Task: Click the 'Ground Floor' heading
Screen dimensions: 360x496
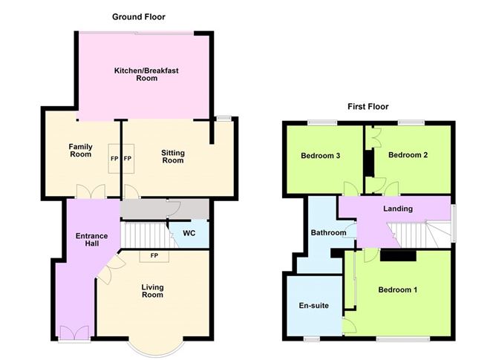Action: (x=139, y=16)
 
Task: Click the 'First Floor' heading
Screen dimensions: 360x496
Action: (x=368, y=107)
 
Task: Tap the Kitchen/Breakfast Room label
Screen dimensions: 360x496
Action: (x=146, y=74)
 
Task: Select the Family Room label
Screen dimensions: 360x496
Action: (x=80, y=150)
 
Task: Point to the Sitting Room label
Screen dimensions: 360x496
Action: (x=173, y=157)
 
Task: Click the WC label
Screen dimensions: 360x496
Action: (x=189, y=233)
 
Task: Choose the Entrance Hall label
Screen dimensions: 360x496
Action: (x=92, y=240)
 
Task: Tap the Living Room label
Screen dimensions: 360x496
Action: (x=153, y=290)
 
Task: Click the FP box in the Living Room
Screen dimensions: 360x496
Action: (x=154, y=256)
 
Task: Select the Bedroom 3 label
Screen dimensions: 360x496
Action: (x=321, y=156)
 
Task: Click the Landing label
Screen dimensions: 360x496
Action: (x=397, y=209)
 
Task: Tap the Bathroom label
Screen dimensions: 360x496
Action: (x=328, y=233)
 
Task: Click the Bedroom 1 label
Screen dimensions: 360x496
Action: (x=399, y=289)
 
